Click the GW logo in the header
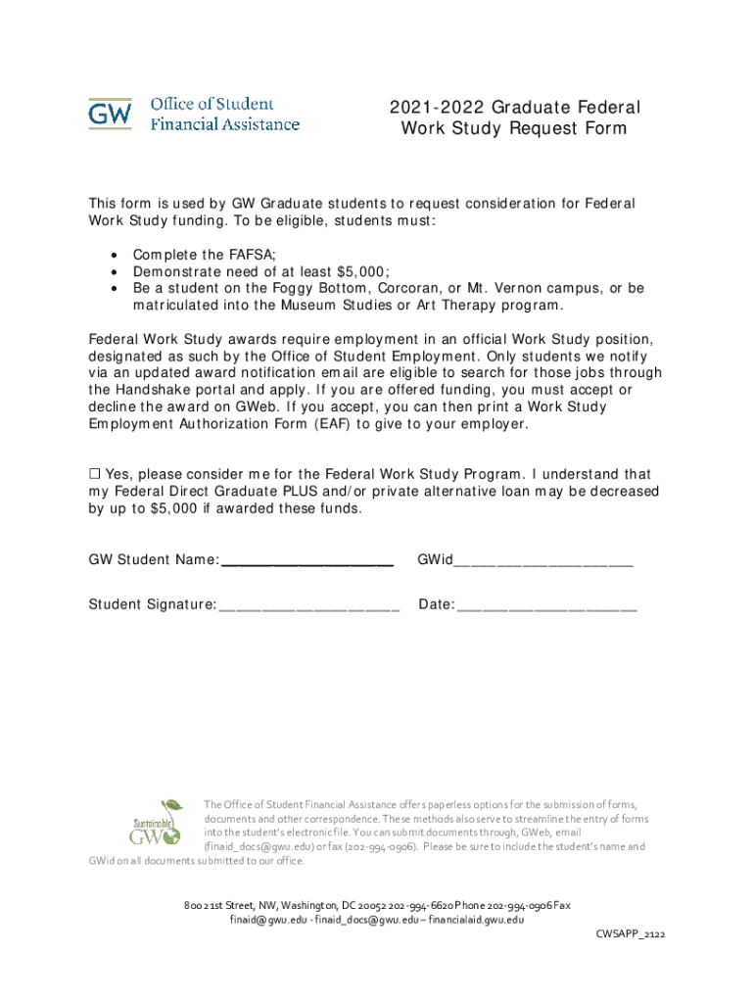[110, 115]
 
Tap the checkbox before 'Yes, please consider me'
[95, 474]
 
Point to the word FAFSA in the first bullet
[252, 254]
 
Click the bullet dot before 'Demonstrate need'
[115, 271]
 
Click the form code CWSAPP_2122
[631, 935]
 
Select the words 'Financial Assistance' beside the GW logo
[224, 124]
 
